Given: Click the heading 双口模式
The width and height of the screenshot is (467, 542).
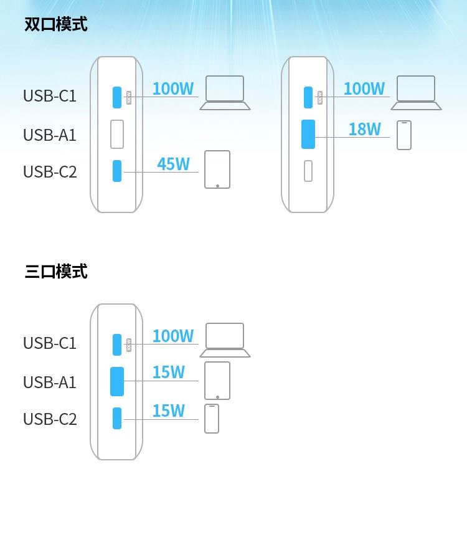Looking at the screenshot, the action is tap(56, 24).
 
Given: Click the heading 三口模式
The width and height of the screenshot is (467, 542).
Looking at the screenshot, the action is tap(56, 272).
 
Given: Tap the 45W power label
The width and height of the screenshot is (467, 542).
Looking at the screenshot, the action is tap(173, 164).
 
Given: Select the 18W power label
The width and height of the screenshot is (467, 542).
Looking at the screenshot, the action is tap(365, 130).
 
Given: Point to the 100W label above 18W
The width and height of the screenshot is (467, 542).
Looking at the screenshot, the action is tap(364, 88).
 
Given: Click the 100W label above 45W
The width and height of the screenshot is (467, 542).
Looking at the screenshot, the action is tap(173, 88).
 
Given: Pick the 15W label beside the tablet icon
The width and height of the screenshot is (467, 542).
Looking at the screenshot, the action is tap(169, 373).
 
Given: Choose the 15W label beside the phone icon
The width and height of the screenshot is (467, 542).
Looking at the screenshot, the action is tap(169, 411).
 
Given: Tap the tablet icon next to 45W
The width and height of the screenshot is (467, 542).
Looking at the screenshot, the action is tap(217, 169).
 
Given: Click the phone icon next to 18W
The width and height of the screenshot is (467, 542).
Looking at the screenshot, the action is tap(404, 135).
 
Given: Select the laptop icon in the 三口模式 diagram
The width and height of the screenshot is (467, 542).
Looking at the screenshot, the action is tap(225, 340).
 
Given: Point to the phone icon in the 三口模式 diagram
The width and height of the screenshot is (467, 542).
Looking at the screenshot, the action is tap(212, 419).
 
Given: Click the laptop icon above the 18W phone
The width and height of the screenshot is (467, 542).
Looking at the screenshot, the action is tap(416, 93).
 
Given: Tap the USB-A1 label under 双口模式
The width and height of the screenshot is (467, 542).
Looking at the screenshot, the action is tap(50, 135).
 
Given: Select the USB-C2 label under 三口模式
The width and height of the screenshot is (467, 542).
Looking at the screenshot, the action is tap(50, 419).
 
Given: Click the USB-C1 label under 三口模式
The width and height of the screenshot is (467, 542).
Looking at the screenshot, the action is tap(50, 343).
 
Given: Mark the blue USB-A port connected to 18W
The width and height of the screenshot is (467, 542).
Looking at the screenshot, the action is tap(308, 134).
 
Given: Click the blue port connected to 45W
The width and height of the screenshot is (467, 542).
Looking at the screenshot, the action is tap(117, 171).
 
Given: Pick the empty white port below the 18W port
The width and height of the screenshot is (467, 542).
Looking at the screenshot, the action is tap(308, 171).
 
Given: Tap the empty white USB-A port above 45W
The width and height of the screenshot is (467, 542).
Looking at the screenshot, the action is tap(117, 134).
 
